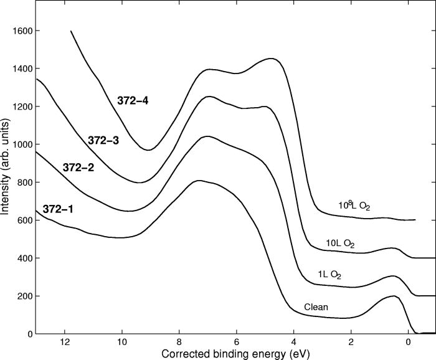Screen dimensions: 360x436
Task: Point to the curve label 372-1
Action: click(x=57, y=209)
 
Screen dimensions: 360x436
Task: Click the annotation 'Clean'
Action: click(x=316, y=307)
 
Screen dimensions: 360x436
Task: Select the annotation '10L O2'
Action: click(x=340, y=244)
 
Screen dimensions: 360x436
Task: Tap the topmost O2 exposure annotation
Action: click(x=354, y=206)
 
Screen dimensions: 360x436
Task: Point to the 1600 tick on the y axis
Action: click(x=24, y=31)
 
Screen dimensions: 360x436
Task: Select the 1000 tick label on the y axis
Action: click(x=24, y=144)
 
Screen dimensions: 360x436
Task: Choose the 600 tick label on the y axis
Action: click(x=27, y=220)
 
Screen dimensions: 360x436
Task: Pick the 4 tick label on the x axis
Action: click(x=294, y=343)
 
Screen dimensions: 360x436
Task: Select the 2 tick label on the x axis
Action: click(x=351, y=343)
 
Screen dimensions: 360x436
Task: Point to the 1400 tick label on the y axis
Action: click(x=24, y=69)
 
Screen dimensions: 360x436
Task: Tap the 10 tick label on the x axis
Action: click(x=121, y=343)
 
